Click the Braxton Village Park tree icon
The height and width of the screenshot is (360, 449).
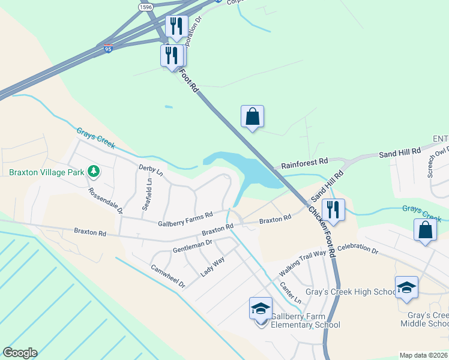[x=93, y=172]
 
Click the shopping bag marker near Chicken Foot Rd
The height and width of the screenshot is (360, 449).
[x=252, y=117]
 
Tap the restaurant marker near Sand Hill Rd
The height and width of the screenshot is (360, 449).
[x=333, y=210]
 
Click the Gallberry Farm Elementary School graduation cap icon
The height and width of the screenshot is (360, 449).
[x=261, y=309]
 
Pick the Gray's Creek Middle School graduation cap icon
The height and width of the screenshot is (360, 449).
[x=406, y=287]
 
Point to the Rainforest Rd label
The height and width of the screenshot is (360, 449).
[x=305, y=161]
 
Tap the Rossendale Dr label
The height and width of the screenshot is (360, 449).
[x=106, y=202]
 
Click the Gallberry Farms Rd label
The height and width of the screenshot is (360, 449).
[x=185, y=219]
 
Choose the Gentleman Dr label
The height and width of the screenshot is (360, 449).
[x=192, y=245]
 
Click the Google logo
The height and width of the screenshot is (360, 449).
[x=20, y=353]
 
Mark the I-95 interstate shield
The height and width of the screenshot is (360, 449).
[x=107, y=49]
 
